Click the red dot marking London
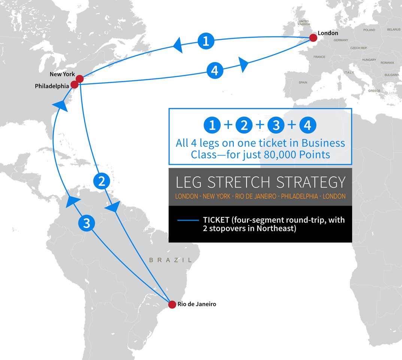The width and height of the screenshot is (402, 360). (313, 37)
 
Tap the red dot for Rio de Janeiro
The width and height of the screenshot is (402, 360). (172, 305)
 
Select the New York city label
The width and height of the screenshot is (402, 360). (62, 74)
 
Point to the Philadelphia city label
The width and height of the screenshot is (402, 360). (52, 86)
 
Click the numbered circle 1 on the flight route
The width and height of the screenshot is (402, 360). (206, 40)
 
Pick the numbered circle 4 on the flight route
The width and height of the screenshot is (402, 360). (215, 70)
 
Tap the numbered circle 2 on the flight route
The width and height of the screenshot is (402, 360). (101, 182)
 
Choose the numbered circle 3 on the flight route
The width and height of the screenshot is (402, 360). (87, 224)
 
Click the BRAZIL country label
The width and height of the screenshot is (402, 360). (170, 260)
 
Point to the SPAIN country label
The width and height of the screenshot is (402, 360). (303, 82)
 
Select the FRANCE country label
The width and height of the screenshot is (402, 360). (319, 57)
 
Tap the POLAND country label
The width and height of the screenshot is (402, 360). (369, 30)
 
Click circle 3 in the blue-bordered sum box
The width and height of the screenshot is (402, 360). (276, 125)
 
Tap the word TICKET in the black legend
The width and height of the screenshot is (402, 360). (217, 220)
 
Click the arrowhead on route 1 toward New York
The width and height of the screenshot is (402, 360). (178, 47)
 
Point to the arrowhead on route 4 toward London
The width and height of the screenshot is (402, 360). (244, 64)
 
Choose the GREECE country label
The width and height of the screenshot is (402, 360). (374, 91)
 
